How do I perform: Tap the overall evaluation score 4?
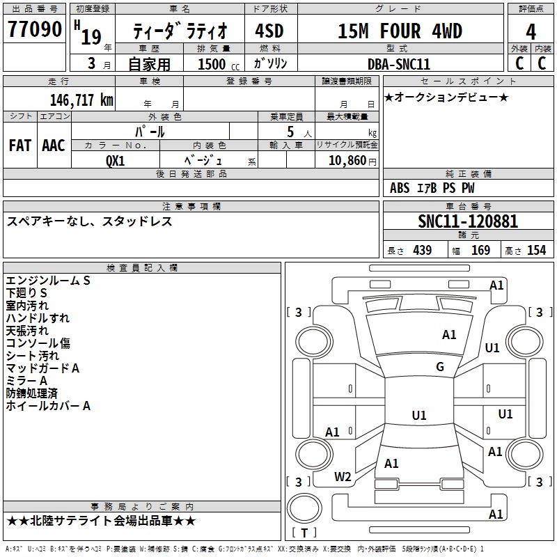point(531,31)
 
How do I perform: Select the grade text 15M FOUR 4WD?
point(400,31)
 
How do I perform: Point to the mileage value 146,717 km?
point(81,100)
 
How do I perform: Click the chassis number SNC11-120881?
point(468,222)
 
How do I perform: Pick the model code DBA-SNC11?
point(399,64)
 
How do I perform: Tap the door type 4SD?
point(271,31)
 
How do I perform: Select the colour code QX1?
point(116,160)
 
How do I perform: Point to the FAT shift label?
point(20,146)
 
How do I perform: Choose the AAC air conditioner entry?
point(54,146)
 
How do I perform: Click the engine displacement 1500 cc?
point(217,64)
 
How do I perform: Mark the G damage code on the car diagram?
point(440,367)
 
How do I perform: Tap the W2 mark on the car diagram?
point(343,477)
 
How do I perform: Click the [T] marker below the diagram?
point(304,533)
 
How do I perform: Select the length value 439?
point(421,251)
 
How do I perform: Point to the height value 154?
point(536,251)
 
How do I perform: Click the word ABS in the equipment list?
point(400,188)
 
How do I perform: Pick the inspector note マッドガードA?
point(42,368)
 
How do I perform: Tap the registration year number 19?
point(91,36)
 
